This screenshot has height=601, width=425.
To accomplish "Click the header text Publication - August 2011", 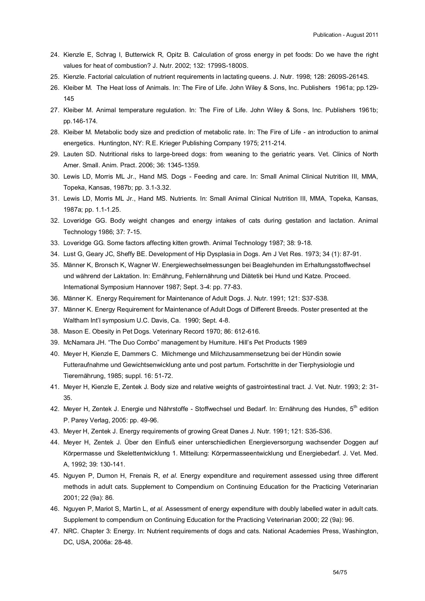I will pyautogui.click(x=345, y=35).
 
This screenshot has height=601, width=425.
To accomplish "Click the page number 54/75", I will pyautogui.click(x=340, y=572).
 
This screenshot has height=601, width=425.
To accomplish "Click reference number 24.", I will pyautogui.click(x=54, y=54).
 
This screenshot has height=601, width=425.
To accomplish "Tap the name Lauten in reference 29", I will pyautogui.click(x=72, y=154).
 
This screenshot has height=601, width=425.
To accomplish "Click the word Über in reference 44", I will pyautogui.click(x=131, y=442).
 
